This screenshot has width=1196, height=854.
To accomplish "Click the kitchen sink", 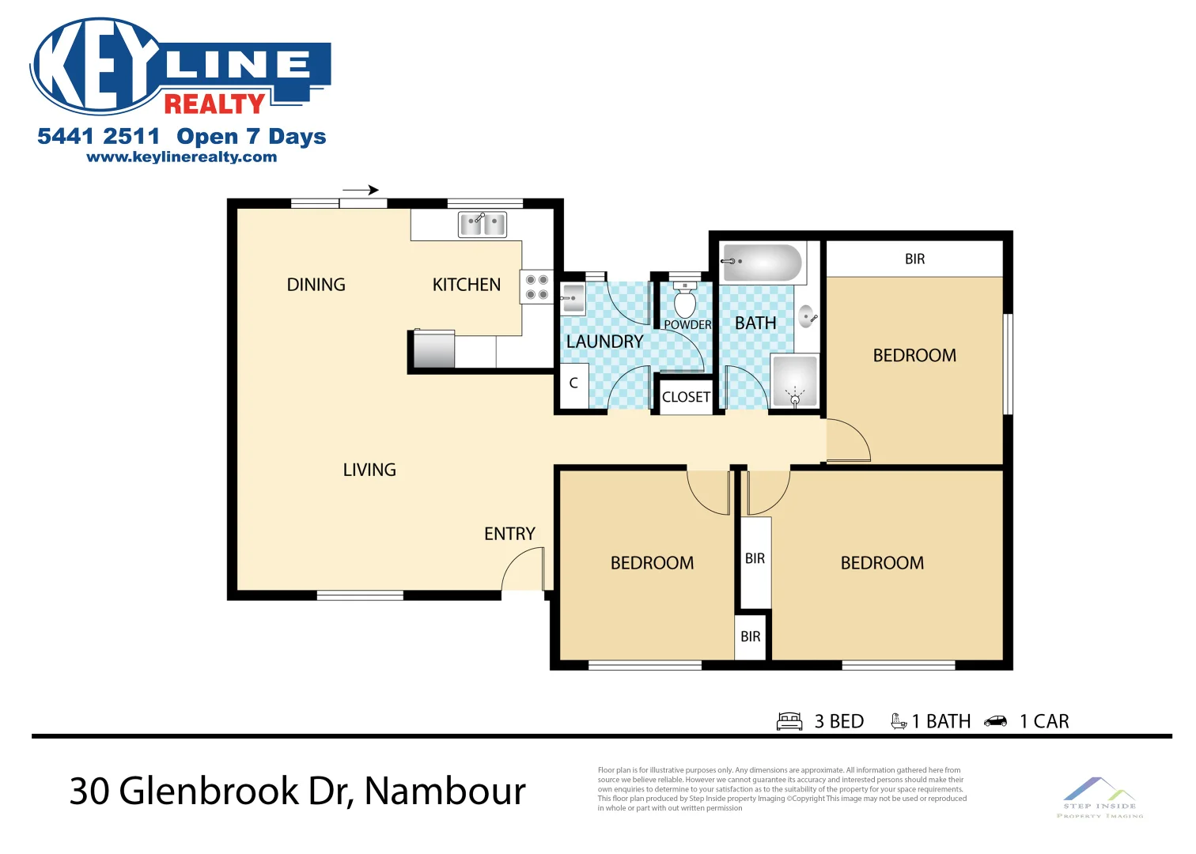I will (x=483, y=225).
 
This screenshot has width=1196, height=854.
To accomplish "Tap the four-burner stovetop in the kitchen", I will (x=537, y=287).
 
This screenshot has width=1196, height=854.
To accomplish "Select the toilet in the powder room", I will (x=685, y=301).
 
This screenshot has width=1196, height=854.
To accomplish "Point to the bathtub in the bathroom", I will (x=763, y=263).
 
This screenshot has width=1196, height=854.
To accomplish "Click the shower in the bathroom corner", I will (x=794, y=382).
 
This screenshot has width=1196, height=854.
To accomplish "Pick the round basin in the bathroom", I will (x=808, y=318).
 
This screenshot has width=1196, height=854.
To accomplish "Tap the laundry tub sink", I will (x=573, y=299).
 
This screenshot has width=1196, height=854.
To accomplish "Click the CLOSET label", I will (x=686, y=397).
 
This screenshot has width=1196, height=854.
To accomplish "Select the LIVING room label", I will (x=369, y=470).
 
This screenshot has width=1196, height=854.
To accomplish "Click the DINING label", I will (x=316, y=285).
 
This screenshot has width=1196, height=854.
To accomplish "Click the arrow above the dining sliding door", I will (x=361, y=190).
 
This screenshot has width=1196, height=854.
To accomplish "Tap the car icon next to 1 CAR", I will (x=995, y=721).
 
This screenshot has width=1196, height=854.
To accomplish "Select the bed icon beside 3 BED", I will (x=789, y=721).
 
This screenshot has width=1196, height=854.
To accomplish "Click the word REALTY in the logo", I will (x=214, y=104).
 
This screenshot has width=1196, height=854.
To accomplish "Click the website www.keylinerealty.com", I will (x=182, y=157).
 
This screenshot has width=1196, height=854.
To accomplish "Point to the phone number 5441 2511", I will (x=98, y=136).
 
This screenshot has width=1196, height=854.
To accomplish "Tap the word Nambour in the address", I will (x=445, y=791).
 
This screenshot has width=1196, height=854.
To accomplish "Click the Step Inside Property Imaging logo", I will (x=1099, y=796).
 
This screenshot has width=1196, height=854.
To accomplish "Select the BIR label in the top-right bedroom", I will (x=914, y=259).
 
